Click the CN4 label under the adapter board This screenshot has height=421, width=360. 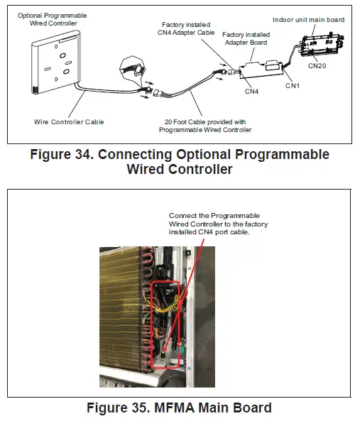(x=251, y=91)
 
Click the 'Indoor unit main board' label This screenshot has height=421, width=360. (x=308, y=20)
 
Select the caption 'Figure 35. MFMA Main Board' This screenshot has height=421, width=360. (x=178, y=408)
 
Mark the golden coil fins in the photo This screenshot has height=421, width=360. (x=124, y=305)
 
